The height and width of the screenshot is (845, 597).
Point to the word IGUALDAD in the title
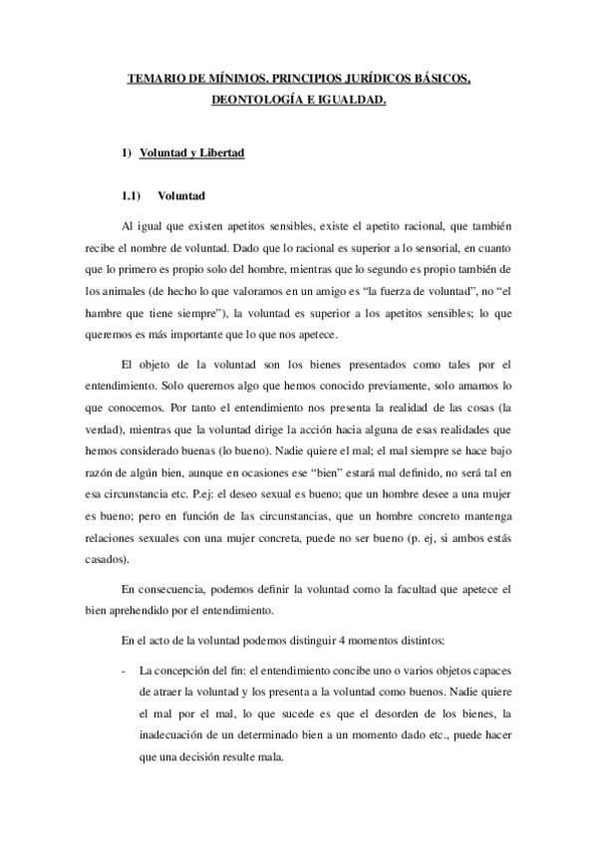[x=349, y=100]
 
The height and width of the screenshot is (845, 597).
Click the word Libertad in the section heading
[x=220, y=153]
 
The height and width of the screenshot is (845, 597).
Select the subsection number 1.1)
[x=132, y=196]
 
